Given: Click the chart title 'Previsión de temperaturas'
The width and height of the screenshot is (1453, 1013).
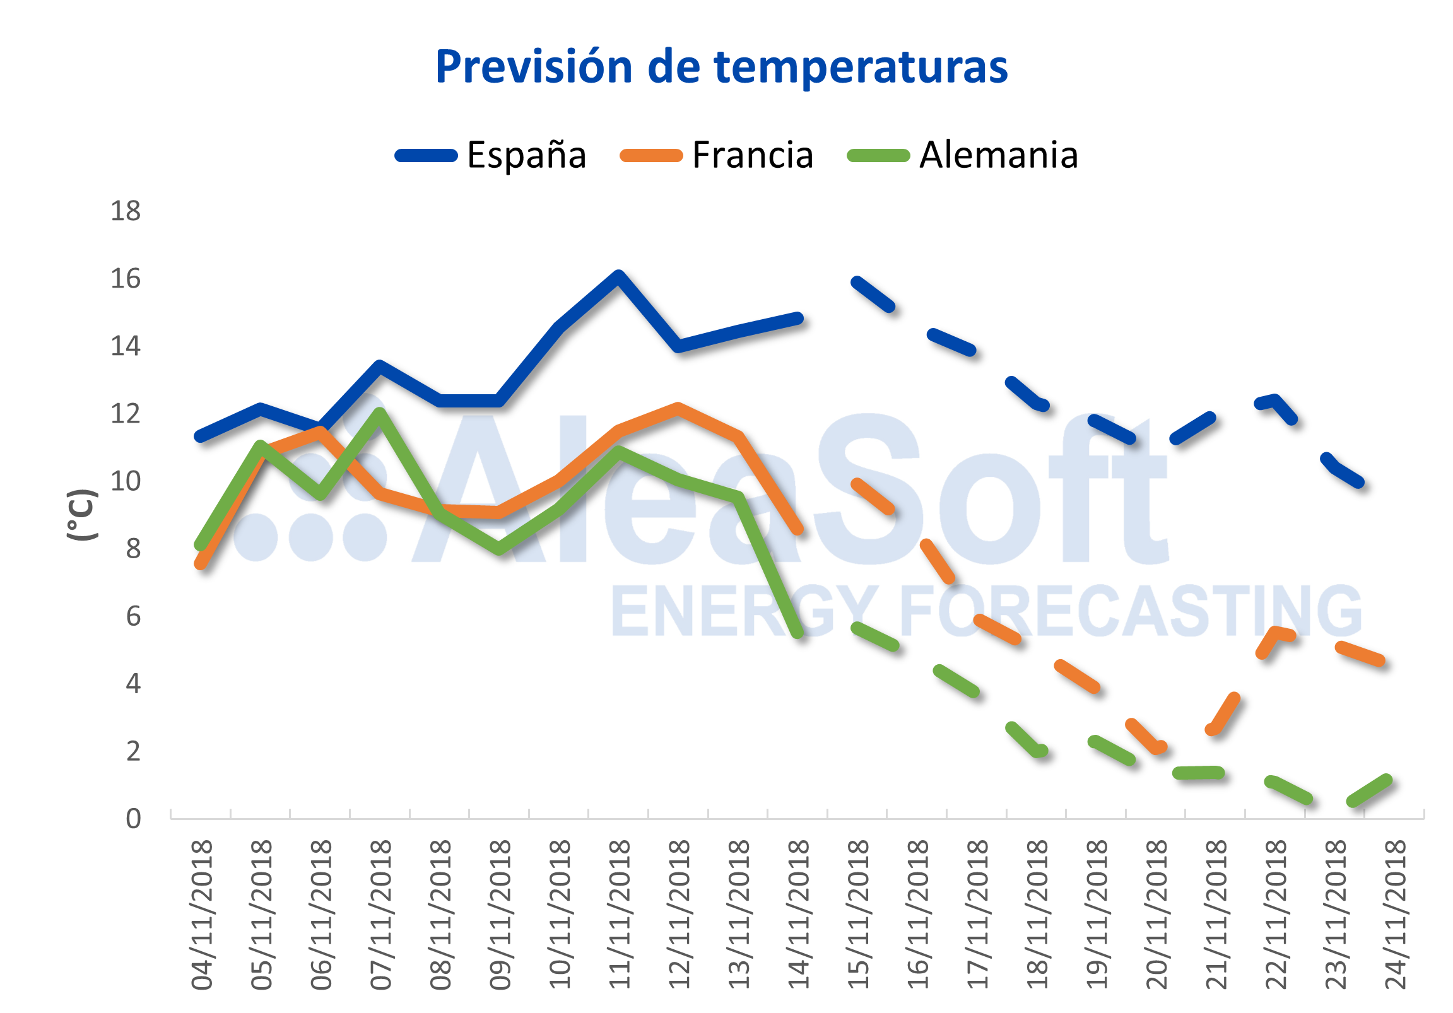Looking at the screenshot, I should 721,67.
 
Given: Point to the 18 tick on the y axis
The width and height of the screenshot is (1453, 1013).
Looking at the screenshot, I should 126,211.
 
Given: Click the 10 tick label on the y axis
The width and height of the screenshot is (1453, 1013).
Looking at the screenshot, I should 126,481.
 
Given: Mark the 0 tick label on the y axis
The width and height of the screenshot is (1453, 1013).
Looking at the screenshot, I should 133,819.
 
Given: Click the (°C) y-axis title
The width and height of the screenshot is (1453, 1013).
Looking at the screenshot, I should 82,515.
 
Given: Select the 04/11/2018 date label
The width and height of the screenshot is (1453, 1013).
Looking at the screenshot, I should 202,915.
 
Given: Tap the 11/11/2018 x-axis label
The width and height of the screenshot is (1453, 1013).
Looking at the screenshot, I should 620,915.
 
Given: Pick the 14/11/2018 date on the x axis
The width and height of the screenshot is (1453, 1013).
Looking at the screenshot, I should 799,915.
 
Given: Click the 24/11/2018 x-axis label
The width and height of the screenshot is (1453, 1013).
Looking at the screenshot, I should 1396,915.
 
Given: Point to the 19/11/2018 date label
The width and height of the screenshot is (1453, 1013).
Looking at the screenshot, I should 1097,915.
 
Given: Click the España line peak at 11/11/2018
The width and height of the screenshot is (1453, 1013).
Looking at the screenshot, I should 618,276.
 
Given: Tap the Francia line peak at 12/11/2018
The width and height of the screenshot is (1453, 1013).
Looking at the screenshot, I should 678,408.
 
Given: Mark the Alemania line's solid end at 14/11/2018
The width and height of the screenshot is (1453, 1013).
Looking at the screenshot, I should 798,632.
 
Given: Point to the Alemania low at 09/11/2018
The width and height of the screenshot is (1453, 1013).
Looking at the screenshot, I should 499,548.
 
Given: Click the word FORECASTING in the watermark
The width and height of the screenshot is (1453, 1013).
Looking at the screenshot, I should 1129,611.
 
